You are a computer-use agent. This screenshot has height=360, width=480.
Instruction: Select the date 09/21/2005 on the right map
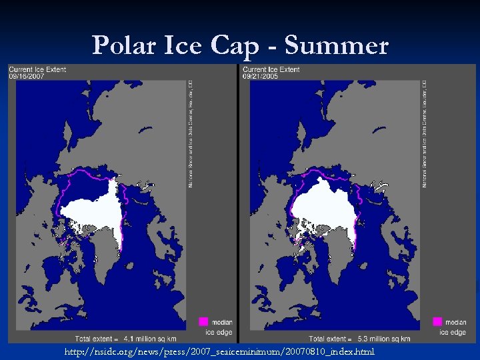[260, 77]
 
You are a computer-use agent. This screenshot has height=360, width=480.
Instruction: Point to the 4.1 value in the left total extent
[128, 339]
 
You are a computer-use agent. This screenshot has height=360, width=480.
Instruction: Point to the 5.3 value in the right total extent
[362, 339]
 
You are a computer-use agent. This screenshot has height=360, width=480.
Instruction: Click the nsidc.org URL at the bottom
[220, 351]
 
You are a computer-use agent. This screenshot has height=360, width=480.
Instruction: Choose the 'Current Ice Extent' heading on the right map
[271, 69]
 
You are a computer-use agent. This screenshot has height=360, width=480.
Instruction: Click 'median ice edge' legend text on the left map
[219, 327]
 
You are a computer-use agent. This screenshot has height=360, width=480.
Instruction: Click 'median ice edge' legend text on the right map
[453, 327]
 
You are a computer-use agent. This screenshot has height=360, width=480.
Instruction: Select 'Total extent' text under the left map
[94, 339]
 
